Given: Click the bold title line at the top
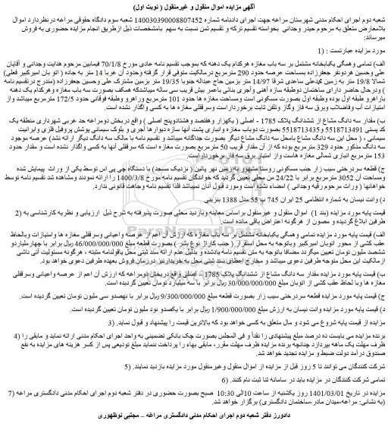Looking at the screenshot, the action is pyautogui.click(x=194, y=7).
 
